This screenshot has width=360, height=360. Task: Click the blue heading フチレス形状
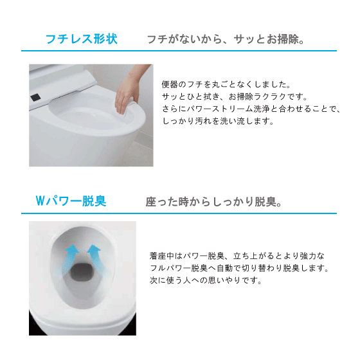click(x=82, y=39)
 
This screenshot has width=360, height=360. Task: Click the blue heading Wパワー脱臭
click(x=71, y=201)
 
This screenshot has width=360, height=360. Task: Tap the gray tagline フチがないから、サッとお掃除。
click(x=226, y=39)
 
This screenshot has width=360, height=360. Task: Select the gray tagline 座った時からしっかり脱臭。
click(x=213, y=202)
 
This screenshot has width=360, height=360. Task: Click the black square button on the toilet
click(x=35, y=97)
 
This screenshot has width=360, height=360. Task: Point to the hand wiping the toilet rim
click(x=129, y=92)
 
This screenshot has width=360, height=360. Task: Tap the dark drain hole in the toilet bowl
click(x=82, y=272)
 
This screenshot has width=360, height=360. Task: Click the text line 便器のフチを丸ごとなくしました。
click(x=226, y=84)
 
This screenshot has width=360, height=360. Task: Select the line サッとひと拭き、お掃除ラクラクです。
click(x=235, y=96)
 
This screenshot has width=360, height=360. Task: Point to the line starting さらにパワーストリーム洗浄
click(x=251, y=109)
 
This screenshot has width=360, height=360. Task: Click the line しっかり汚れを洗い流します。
click(x=218, y=121)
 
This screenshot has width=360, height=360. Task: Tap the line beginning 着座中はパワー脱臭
click(x=237, y=256)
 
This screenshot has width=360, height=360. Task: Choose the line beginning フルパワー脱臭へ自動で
click(x=239, y=268)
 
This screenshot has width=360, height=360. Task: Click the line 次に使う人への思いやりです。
click(x=206, y=280)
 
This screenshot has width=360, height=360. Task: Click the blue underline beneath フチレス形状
click(x=179, y=51)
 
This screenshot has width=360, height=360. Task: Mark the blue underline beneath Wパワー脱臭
click(x=179, y=213)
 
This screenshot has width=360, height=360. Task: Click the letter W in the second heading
click(x=40, y=201)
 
